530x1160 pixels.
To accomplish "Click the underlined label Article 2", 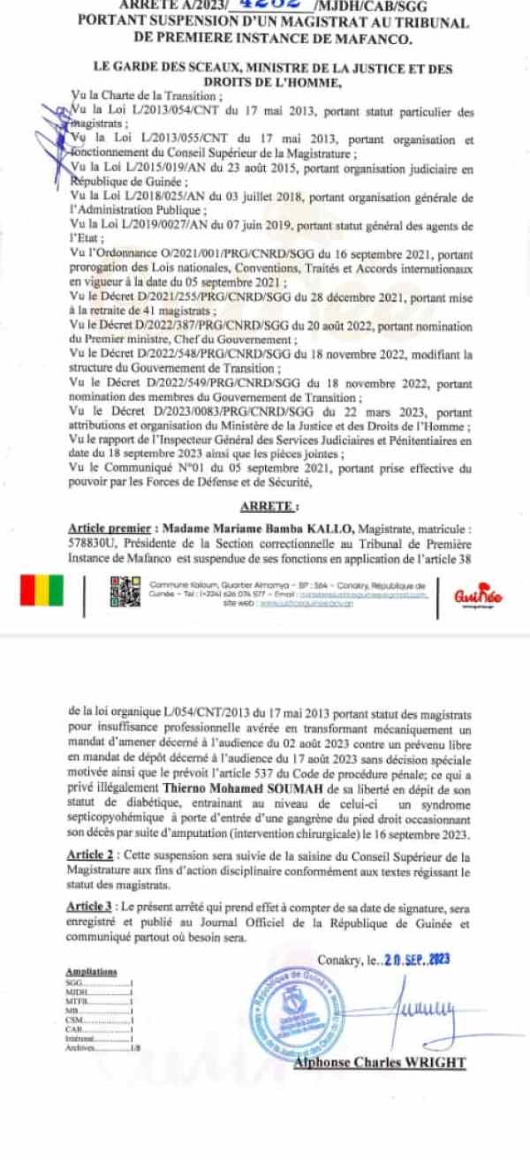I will (x=89, y=855).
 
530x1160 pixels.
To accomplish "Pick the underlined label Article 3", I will (x=89, y=907).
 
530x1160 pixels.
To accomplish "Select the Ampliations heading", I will (x=91, y=970).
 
